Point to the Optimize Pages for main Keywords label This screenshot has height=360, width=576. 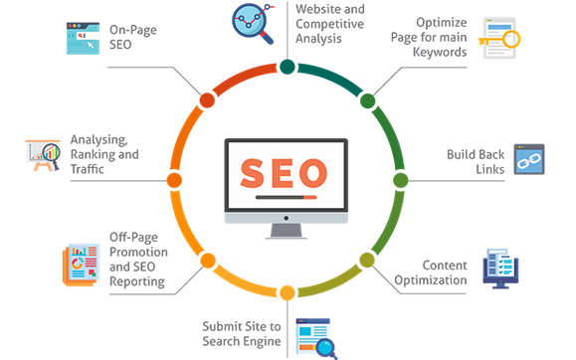tap(429, 36)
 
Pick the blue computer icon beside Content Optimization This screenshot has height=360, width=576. tap(500, 269)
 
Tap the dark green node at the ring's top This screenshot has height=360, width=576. tap(287, 67)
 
